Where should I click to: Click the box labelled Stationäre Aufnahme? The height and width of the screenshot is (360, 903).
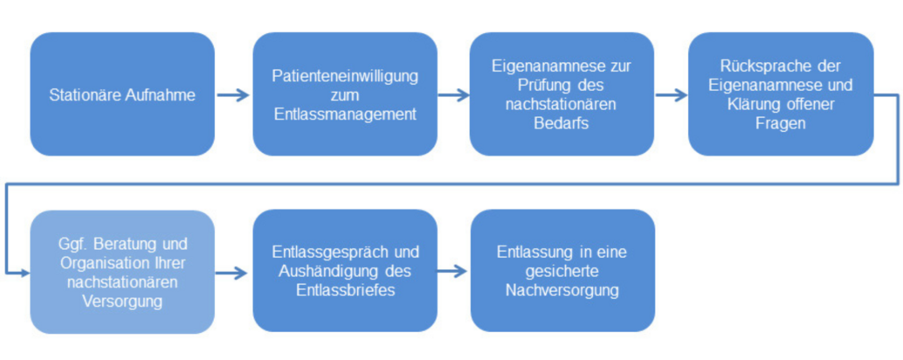pyautogui.click(x=122, y=93)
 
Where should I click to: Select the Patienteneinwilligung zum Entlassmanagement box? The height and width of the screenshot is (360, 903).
pyautogui.click(x=345, y=93)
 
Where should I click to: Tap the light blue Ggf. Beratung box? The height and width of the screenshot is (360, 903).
pyautogui.click(x=122, y=272)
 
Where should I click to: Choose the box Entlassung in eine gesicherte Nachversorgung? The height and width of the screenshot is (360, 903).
pyautogui.click(x=562, y=271)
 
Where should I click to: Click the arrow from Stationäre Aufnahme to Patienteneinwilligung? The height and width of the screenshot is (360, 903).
pyautogui.click(x=233, y=95)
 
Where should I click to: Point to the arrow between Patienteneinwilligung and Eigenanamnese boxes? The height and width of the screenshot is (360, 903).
pyautogui.click(x=454, y=95)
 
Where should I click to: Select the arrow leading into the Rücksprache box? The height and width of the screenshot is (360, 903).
pyautogui.click(x=672, y=95)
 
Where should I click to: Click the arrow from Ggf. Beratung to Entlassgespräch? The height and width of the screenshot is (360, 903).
pyautogui.click(x=232, y=273)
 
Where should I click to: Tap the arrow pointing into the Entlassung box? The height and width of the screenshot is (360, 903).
pyautogui.click(x=452, y=271)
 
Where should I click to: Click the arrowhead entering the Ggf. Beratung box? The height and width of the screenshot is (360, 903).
pyautogui.click(x=24, y=273)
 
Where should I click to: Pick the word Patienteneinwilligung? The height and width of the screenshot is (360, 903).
pyautogui.click(x=345, y=76)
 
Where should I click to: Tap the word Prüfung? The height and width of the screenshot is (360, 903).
pyautogui.click(x=540, y=86)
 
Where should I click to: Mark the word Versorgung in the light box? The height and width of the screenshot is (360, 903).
pyautogui.click(x=122, y=301)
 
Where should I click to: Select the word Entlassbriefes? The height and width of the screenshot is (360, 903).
pyautogui.click(x=346, y=290)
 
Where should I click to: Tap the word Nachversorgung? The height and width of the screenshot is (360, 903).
pyautogui.click(x=562, y=290)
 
